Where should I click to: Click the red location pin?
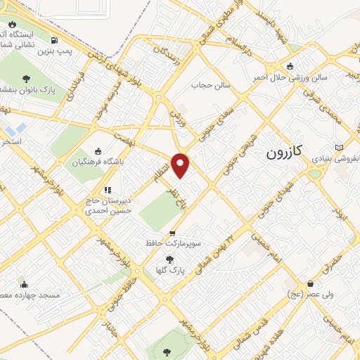(x=181, y=165)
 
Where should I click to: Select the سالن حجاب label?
(x=207, y=85)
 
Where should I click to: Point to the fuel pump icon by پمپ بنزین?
(x=55, y=41)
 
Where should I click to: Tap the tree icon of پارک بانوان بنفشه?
(x=26, y=79)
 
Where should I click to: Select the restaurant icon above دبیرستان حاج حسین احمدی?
(x=107, y=189)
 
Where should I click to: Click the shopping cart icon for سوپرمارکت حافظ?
(x=172, y=233)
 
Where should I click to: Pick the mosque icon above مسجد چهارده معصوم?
(x=25, y=285)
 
